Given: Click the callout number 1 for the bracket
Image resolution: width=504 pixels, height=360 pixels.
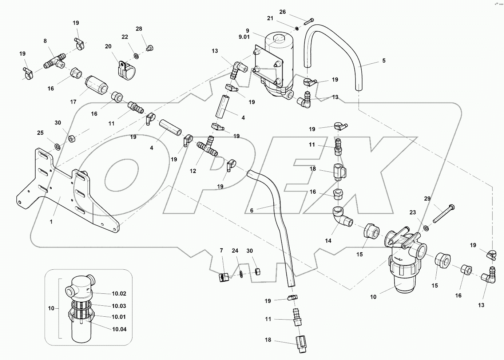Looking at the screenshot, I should coord(51,221).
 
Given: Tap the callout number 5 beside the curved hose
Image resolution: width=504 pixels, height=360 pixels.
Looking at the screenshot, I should coord(384,61).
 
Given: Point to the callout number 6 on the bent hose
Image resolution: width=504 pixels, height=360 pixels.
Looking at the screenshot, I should coord(251,210).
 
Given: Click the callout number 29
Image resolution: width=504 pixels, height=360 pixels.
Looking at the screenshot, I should coord(427,198).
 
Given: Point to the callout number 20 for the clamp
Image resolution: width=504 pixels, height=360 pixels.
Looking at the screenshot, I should coord(108,47).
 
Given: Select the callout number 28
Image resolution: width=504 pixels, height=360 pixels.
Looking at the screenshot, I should coord(139,29).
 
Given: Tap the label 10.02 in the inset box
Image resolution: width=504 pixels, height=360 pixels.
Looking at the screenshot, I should coord(119,293).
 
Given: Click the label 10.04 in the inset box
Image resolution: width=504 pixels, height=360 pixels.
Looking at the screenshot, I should coord(119,329).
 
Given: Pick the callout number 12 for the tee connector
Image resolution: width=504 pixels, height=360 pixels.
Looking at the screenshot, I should coord(193,171).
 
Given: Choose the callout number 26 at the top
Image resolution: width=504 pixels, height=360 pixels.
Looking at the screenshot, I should coord(282,12).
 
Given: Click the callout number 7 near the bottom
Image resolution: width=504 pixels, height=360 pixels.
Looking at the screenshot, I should coord(221,250).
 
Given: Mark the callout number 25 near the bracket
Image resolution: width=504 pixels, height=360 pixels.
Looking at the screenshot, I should coord(40,133).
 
